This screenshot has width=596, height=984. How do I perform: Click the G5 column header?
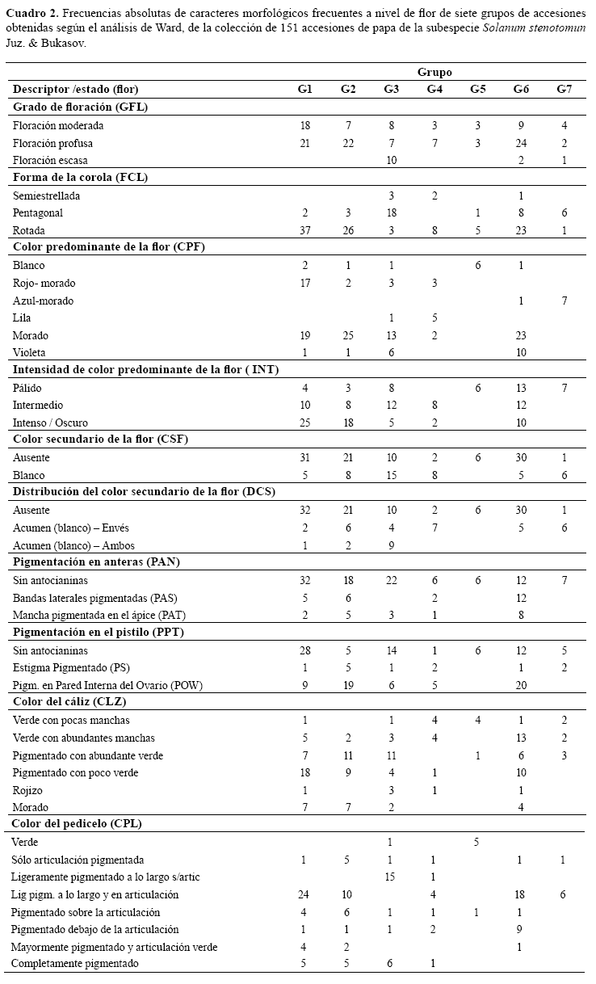tap(477, 90)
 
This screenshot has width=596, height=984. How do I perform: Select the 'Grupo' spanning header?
tap(434, 72)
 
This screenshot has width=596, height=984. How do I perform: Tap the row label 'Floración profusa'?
tap(53, 143)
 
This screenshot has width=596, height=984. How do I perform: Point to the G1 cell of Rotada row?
tap(304, 230)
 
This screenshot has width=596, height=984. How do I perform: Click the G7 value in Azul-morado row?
tap(564, 301)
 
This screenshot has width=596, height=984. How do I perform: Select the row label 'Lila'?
tap(23, 317)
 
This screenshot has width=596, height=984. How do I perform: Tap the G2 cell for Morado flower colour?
tap(347, 335)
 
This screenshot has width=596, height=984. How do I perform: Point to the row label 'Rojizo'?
tap(28, 790)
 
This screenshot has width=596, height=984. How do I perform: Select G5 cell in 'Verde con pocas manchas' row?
tap(477, 720)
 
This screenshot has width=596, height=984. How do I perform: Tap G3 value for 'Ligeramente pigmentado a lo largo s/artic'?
tap(391, 877)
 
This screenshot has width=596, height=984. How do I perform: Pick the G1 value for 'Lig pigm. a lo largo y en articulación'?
tap(304, 894)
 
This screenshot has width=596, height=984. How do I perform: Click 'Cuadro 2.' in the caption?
tap(31, 15)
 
